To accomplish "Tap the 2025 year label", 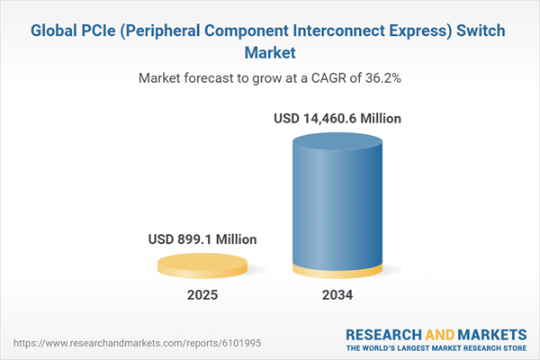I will (203, 295).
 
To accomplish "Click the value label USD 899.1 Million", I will (203, 239).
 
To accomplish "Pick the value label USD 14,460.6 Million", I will (337, 118).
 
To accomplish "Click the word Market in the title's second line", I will (270, 52).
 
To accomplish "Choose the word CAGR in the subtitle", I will (320, 78).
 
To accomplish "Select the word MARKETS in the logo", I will (493, 333).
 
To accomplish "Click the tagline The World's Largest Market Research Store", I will (439, 347).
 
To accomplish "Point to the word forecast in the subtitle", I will (214, 78).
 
